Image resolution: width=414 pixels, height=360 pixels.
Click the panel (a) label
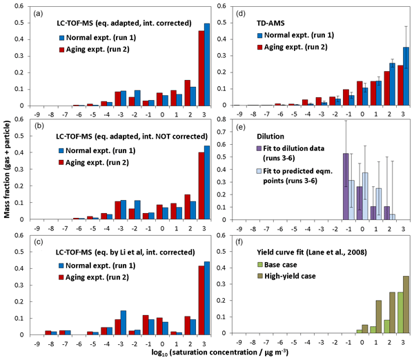pyautogui.click(x=38, y=11)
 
